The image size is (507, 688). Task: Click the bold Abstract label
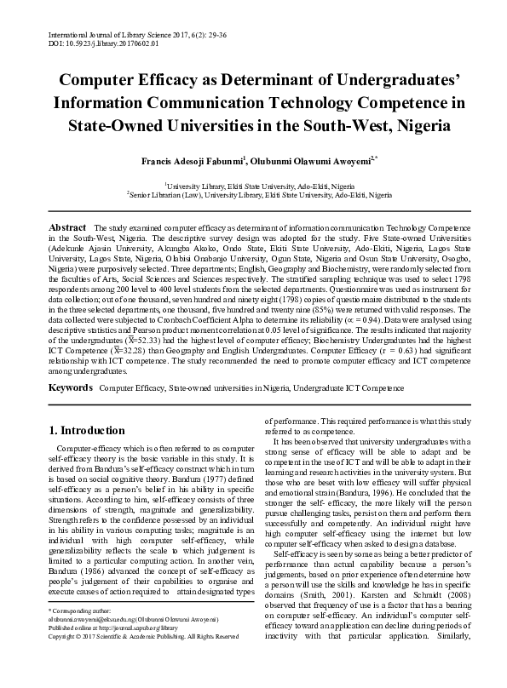click(x=67, y=229)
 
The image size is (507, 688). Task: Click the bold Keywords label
click(x=70, y=387)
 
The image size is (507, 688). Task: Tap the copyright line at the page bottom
click(x=142, y=661)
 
